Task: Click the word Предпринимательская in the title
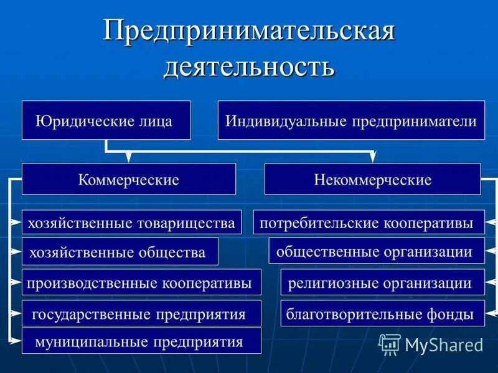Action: pos(249,31)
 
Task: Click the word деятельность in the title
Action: pos(249,66)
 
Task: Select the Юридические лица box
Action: pos(106,121)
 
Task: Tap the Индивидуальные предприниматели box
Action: pos(351,121)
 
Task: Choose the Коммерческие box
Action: pos(129,180)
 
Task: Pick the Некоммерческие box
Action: pos(372,180)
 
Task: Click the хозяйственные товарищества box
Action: pos(131,222)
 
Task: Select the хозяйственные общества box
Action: pos(120,252)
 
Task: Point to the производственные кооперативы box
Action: pos(141,282)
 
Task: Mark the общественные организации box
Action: pos(376,252)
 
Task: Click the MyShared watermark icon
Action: pos(390,344)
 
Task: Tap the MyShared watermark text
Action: pos(444,344)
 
